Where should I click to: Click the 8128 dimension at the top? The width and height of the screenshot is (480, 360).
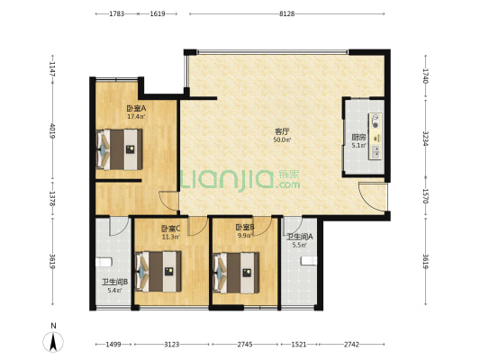coord(287,13)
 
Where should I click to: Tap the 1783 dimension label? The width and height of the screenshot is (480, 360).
coord(117,13)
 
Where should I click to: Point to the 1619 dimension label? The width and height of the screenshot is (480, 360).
coord(158,13)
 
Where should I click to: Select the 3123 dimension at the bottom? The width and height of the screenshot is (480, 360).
coord(171,345)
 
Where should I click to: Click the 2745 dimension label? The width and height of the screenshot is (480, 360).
coord(245,345)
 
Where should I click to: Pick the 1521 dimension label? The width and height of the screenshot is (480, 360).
coord(298,345)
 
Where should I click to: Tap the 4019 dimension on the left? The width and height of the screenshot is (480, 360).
coord(52,130)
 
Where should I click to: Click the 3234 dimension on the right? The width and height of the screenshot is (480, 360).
coord(425,139)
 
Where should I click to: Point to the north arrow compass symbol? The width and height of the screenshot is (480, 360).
coord(53,341)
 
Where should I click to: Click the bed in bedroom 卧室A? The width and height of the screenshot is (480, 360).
coord(119,149)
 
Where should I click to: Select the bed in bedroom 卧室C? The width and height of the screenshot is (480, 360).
coord(158,272)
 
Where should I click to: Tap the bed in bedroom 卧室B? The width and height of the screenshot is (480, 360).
coord(236,273)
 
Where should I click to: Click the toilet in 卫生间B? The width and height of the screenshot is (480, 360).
coord(104,263)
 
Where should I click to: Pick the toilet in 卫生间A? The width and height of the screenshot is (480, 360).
coord(309,261)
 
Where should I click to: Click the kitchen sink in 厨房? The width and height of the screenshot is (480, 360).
coord(376,151)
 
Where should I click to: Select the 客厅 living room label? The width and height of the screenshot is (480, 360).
coord(282,131)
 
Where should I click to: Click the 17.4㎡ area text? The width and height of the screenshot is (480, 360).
coord(136,116)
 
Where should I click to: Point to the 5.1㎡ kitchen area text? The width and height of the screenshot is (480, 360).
coord(358,146)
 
